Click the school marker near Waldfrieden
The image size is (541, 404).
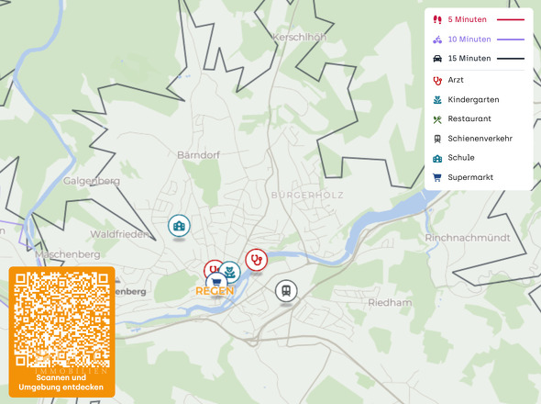[178, 225]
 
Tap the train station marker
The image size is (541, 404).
[286, 291]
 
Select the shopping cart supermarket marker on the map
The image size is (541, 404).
[215, 282]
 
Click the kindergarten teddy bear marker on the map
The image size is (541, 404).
[229, 271]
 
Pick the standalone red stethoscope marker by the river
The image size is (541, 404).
[256, 260]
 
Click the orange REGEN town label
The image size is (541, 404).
[215, 291]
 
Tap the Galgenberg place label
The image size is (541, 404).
[92, 181]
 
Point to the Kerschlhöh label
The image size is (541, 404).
[300, 38]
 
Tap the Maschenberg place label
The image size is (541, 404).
[69, 253]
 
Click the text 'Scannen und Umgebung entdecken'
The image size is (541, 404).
[61, 383]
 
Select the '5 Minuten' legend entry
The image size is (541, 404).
[467, 19]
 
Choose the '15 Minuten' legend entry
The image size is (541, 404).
[469, 59]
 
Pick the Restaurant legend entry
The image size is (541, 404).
[469, 119]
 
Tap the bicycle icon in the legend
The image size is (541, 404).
[437, 39]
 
